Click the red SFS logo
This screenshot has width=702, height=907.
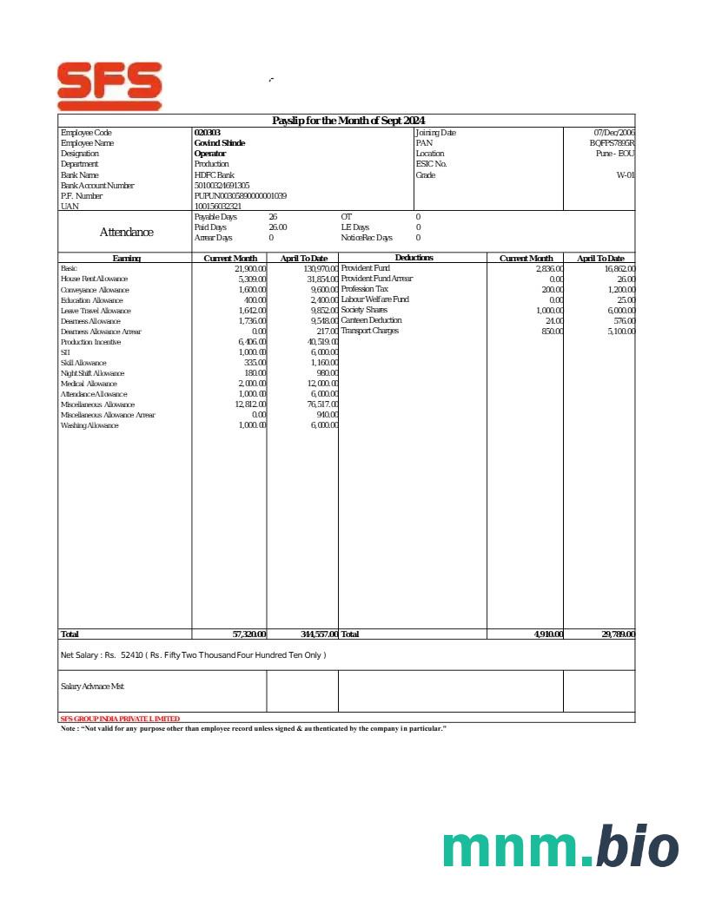109,85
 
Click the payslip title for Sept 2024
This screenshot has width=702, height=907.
348,121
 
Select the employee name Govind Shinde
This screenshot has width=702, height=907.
220,143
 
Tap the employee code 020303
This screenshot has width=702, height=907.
208,133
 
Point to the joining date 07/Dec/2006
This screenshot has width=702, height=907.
613,133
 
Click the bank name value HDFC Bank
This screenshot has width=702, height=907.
215,175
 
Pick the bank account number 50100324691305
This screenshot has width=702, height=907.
222,186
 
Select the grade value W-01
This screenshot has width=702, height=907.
626,175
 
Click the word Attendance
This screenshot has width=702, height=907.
127,233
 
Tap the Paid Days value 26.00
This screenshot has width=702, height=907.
277,227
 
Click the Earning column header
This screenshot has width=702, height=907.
127,259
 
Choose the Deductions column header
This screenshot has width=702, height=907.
414,258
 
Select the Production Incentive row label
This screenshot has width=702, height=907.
91,343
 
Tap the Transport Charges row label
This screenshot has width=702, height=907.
370,332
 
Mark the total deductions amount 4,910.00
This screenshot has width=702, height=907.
548,635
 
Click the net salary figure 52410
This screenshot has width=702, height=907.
132,655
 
